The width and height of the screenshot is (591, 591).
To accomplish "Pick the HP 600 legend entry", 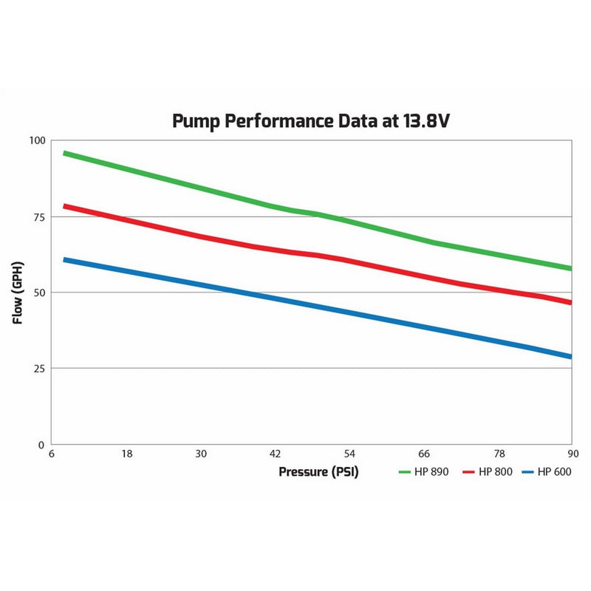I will point(547,472).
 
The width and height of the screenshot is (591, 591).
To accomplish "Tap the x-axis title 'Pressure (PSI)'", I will point(318,472).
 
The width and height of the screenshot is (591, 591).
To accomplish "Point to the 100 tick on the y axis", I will point(37,141).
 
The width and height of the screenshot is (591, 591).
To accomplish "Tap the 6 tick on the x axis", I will point(52,454).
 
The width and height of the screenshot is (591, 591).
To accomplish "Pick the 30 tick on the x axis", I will point(200,454).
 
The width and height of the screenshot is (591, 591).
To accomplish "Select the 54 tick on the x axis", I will point(349,454).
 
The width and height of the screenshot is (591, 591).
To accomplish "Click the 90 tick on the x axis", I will point(572,454).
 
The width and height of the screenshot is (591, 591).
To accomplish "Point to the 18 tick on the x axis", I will point(126,454).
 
